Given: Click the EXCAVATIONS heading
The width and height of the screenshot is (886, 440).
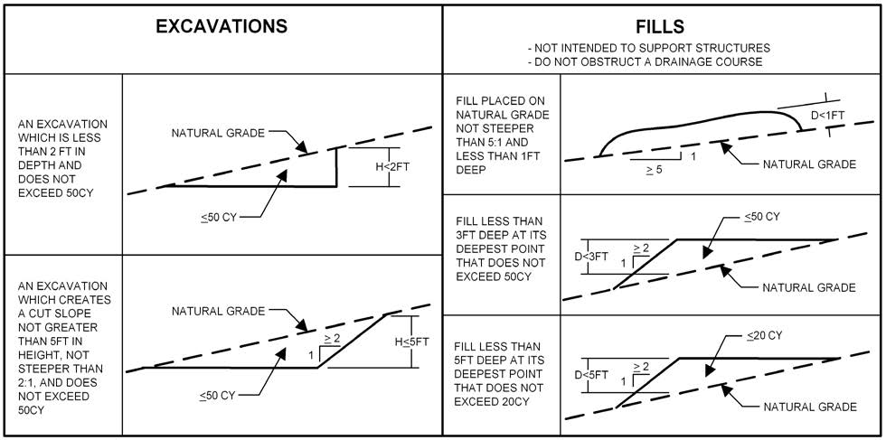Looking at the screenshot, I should point(221,26).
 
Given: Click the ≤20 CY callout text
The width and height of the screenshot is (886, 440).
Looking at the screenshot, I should point(763,334).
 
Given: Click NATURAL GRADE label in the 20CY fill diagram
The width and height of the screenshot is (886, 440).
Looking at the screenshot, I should point(809,407).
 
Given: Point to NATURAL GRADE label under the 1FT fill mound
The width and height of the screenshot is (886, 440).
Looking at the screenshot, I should point(809,164).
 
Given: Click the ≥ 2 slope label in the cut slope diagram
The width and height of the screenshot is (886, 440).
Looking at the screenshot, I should point(333,338).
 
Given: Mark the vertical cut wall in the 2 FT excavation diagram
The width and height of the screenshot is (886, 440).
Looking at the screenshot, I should point(336,167).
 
